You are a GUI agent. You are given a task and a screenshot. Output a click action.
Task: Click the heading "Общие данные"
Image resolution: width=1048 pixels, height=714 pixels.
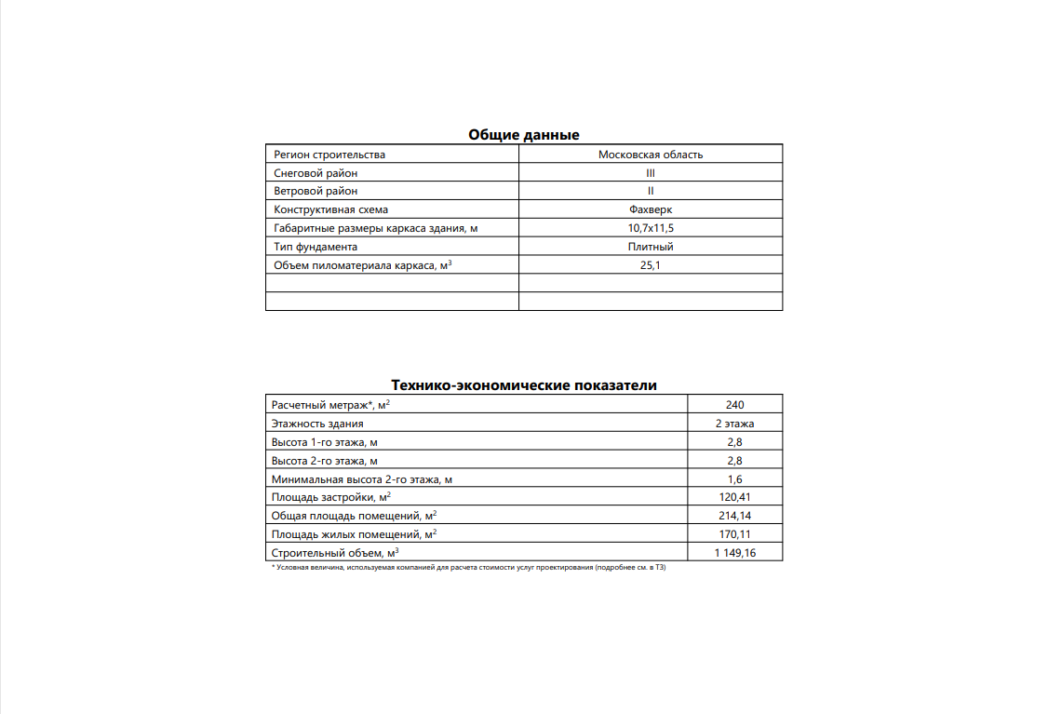point(523,135)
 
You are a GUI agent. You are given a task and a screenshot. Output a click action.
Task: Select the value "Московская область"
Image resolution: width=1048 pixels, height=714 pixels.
point(651,155)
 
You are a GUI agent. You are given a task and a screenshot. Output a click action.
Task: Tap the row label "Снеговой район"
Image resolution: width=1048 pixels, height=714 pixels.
point(316,173)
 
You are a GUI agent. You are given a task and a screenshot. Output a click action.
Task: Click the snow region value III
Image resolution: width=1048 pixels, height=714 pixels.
point(651,173)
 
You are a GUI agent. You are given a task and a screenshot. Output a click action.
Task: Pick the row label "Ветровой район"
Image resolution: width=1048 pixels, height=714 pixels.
point(316,191)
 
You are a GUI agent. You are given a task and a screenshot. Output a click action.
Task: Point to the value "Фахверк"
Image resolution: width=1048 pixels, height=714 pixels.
point(651,209)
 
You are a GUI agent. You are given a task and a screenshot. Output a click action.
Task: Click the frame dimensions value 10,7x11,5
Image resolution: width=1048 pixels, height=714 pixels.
point(651,228)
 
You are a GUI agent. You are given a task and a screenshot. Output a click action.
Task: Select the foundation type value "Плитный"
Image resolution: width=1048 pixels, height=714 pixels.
point(651,247)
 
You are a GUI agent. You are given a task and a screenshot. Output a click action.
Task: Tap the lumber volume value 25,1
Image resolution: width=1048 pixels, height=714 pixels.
point(651,265)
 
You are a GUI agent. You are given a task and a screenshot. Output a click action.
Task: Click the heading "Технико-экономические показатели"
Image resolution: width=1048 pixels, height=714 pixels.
point(523,385)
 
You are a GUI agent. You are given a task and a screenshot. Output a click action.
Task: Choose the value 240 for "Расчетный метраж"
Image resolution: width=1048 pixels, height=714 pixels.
point(734,405)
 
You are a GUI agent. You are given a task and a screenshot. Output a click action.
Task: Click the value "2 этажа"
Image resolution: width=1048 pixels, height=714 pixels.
point(734,424)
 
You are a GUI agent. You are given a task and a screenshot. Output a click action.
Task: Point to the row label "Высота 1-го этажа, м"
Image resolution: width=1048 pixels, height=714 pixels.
point(324,442)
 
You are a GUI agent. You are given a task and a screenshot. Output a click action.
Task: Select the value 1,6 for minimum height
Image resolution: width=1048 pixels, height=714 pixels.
point(734,479)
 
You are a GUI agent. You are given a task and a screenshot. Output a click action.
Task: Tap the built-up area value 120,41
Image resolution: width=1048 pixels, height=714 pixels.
point(734,498)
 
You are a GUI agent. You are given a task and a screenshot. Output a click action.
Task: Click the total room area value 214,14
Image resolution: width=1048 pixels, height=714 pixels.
point(734,516)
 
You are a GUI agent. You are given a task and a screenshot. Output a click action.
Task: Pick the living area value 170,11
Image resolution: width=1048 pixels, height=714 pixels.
point(734,534)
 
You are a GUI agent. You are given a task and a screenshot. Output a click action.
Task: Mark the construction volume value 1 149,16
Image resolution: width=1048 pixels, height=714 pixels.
point(734,553)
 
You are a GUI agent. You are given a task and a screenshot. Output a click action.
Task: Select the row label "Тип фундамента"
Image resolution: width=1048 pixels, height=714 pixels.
point(316,247)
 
